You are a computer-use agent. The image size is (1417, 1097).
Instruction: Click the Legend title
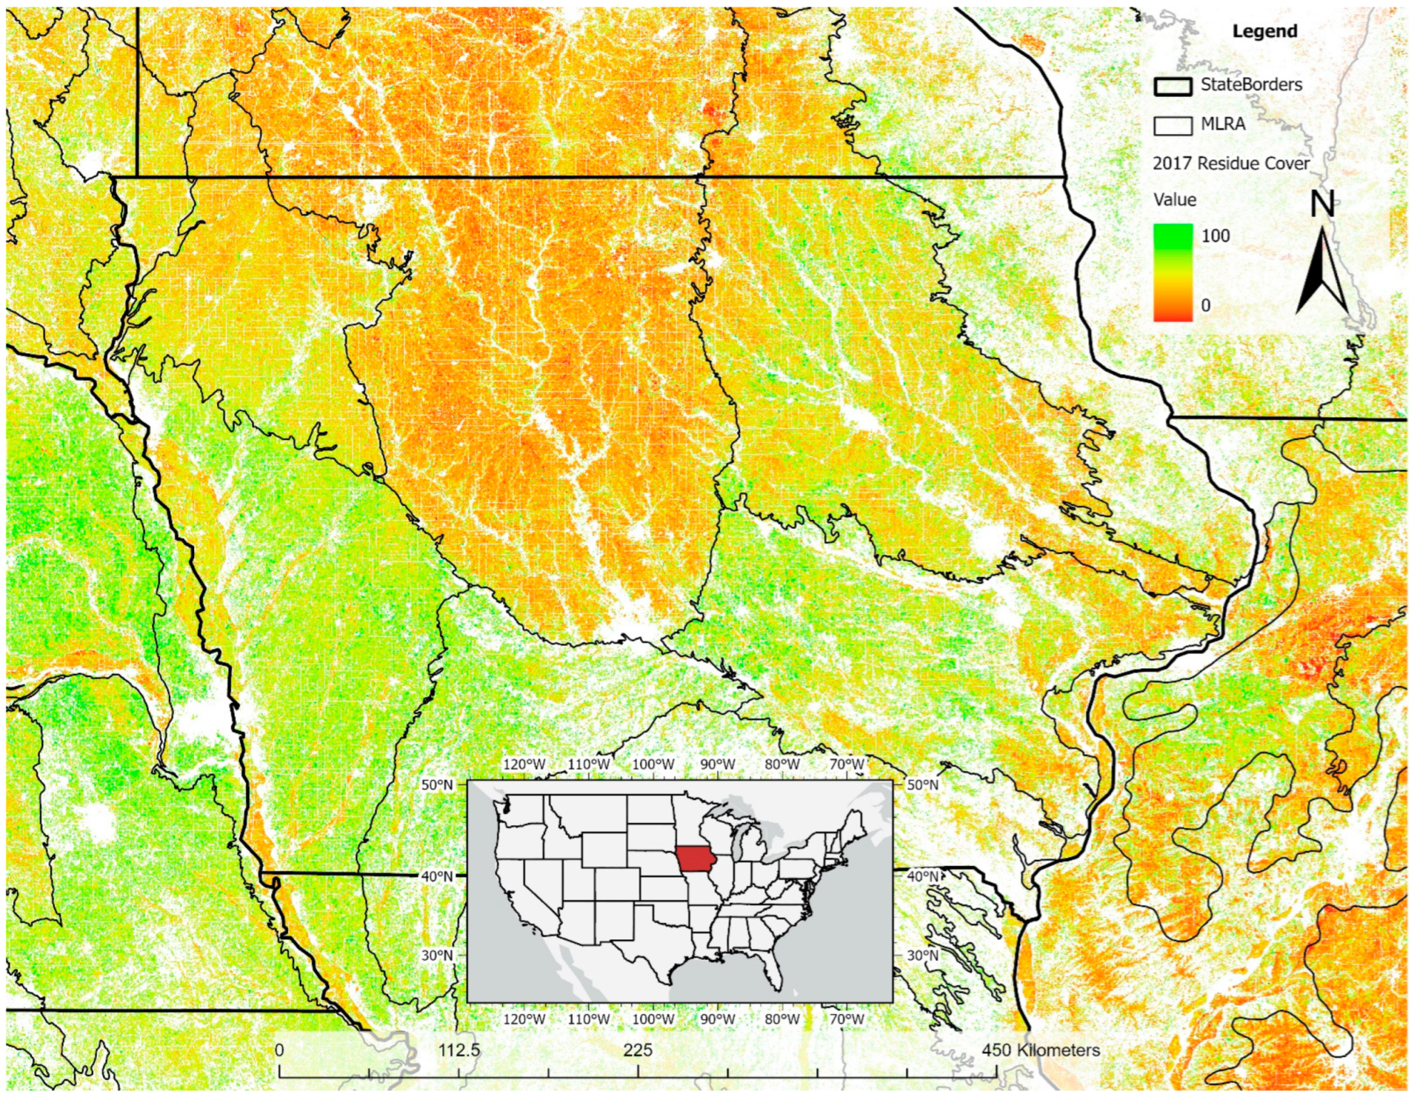coord(1264,31)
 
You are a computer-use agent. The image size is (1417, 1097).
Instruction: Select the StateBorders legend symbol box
coord(1172,86)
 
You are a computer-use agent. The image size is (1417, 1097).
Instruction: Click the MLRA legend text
coord(1223,124)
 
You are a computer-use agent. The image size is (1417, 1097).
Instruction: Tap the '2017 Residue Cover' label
coord(1231,163)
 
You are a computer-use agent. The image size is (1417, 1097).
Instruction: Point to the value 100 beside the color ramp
coord(1216,236)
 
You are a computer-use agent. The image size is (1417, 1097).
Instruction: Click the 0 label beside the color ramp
coord(1206,305)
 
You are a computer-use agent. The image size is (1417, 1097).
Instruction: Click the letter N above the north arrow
coord(1322,204)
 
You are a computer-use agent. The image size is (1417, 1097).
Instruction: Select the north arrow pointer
coord(1321,275)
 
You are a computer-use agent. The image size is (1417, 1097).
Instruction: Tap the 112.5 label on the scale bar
coord(459,1050)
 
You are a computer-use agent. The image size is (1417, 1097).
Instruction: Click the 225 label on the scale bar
coord(638,1050)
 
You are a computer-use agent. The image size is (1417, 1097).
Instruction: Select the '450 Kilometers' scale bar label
coord(1040,1050)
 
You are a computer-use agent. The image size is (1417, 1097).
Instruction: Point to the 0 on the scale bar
coord(279,1050)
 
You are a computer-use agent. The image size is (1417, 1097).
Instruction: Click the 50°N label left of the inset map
coord(437,785)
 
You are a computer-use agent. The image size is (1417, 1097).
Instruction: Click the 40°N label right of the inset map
coord(923,876)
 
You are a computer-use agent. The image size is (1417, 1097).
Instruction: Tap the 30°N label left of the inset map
coord(437,955)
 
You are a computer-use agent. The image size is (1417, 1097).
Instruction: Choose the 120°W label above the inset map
coord(524,765)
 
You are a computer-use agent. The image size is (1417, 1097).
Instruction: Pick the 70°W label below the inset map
coord(846,1019)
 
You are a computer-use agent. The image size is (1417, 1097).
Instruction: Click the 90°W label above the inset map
coord(717,765)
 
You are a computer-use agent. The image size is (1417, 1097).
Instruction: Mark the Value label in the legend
coord(1174,200)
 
